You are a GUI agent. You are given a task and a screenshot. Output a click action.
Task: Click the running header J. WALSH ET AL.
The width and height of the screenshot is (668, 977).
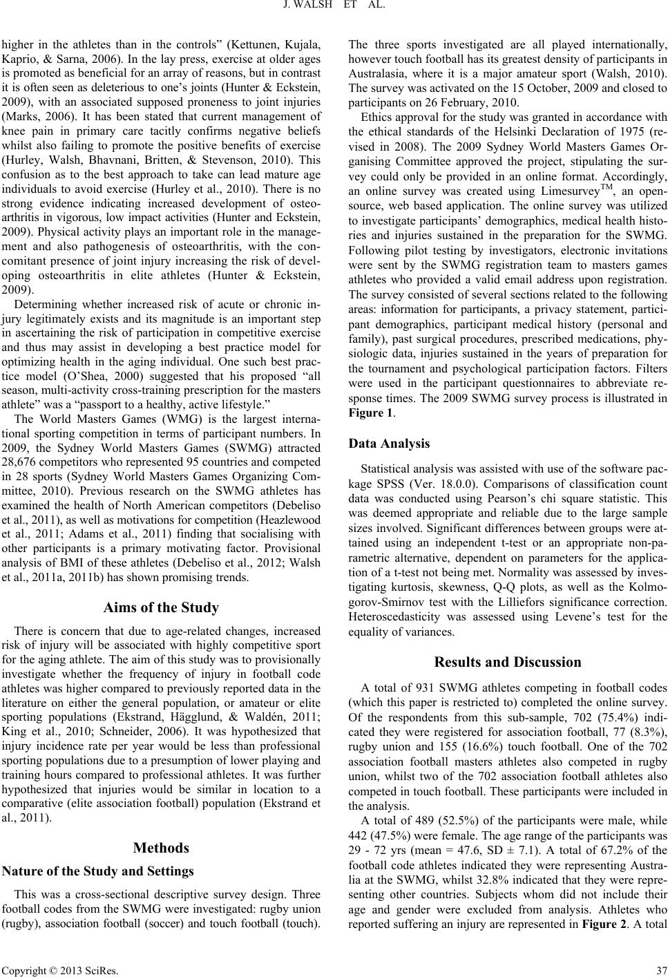(x=334, y=9)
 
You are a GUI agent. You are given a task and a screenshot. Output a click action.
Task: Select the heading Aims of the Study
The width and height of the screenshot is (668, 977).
(x=161, y=608)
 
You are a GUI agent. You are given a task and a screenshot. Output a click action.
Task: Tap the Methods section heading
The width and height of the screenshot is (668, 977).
(x=161, y=848)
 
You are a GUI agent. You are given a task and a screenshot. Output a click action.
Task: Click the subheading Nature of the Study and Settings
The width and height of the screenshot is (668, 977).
(x=99, y=871)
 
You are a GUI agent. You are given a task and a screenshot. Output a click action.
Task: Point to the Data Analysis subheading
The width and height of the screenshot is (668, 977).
(x=390, y=443)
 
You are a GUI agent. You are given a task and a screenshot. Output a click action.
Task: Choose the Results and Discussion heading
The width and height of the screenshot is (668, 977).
(x=508, y=661)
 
